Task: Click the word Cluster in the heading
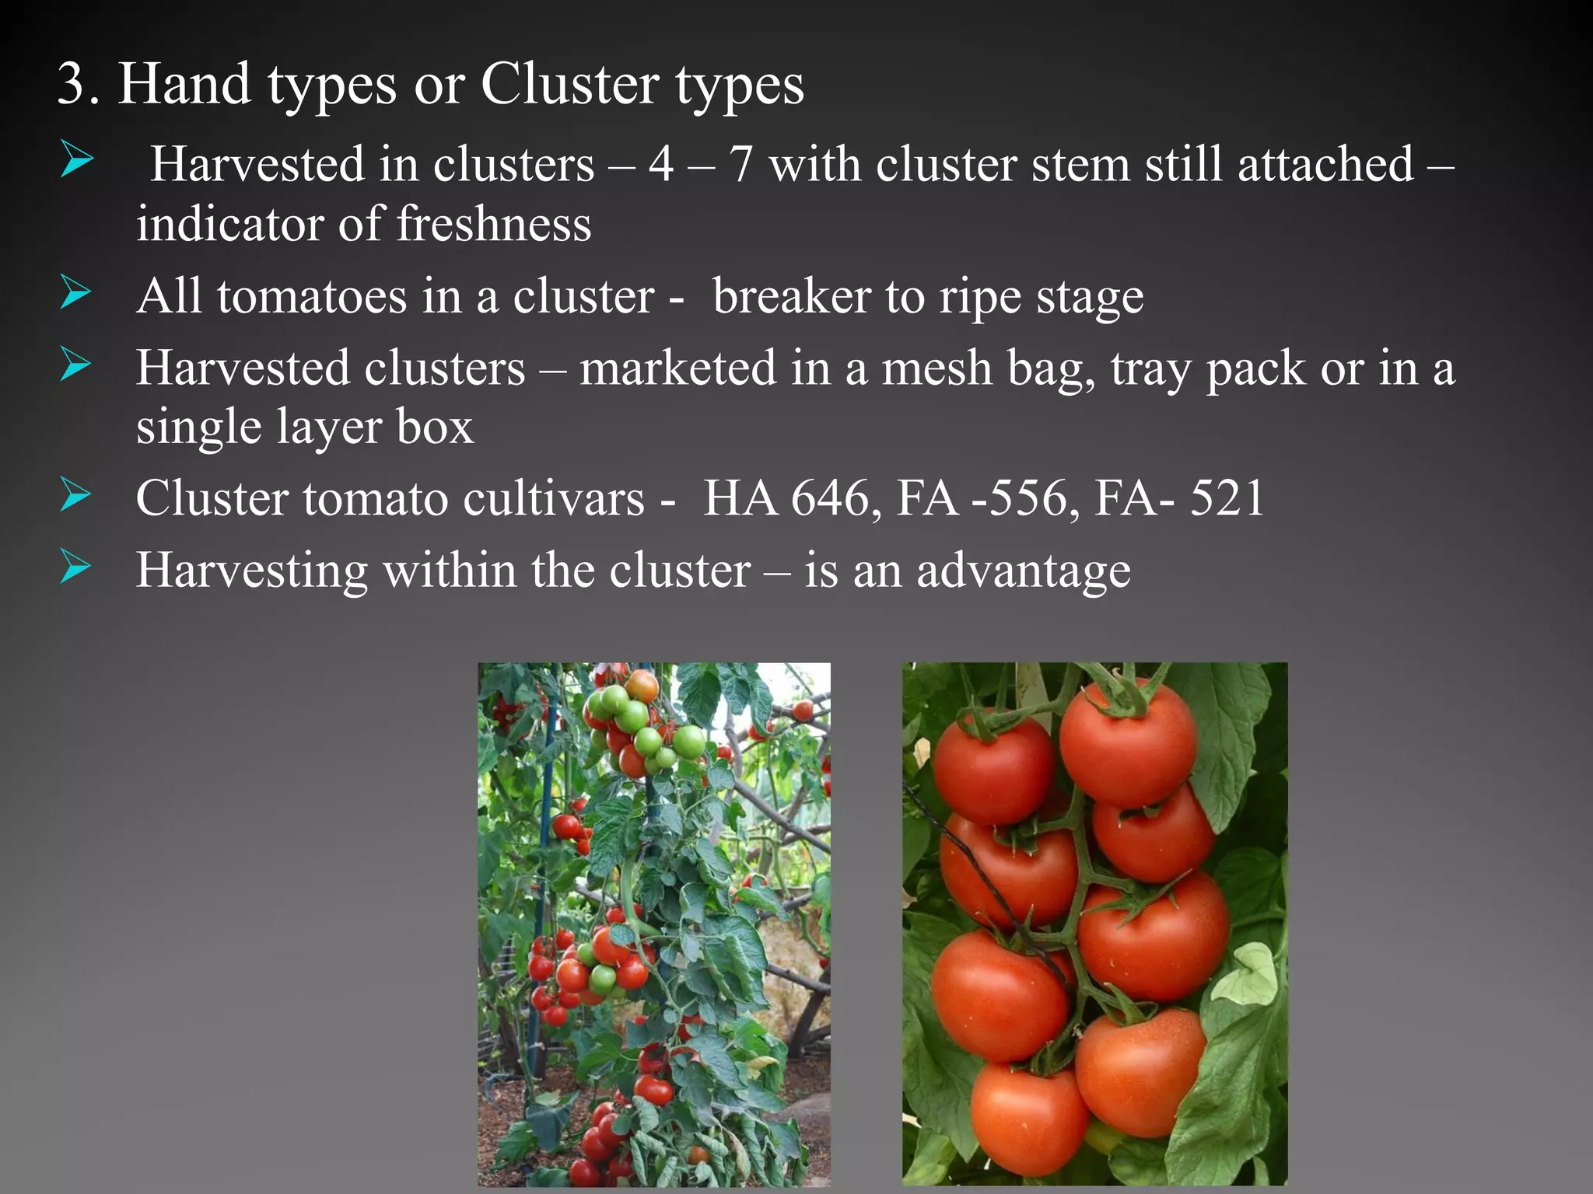[569, 83]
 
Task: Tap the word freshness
[494, 224]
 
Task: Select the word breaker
[792, 296]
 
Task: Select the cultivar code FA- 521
[1179, 498]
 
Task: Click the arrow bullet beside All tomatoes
[75, 293]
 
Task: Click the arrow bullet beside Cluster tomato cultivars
[75, 495]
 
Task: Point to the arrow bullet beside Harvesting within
[75, 567]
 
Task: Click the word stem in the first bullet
[1080, 166]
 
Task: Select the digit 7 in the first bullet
[741, 165]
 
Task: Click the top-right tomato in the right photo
[1128, 742]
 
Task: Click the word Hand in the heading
[184, 83]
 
